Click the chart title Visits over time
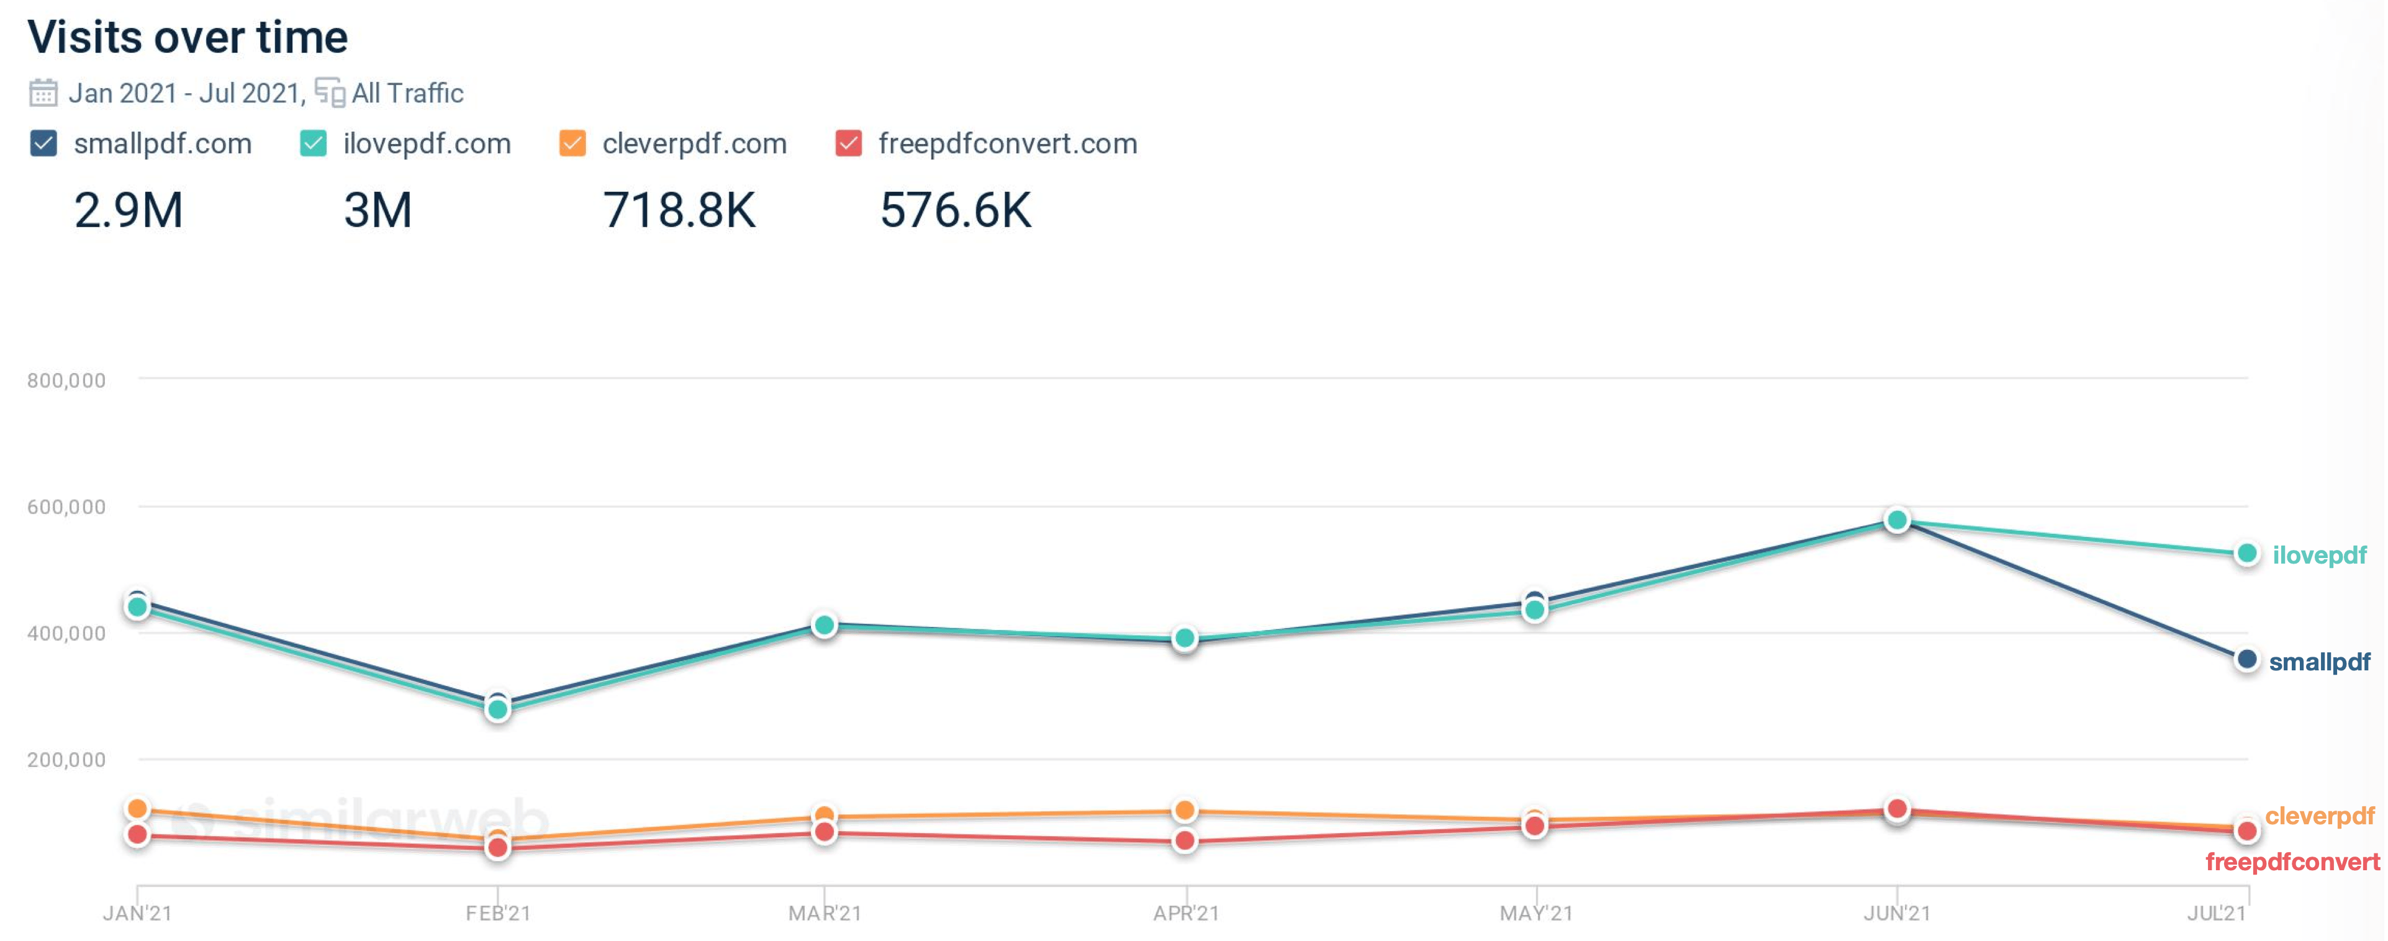(x=188, y=37)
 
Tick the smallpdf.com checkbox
(x=43, y=144)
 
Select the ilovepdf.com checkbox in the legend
(x=314, y=144)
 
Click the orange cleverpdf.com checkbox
(x=572, y=144)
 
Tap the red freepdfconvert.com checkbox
(x=848, y=144)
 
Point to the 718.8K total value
(x=679, y=210)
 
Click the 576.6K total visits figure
(x=955, y=210)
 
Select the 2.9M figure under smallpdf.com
(x=129, y=210)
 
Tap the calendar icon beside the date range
(x=43, y=92)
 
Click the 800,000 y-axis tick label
(x=66, y=380)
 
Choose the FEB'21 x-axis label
(x=498, y=913)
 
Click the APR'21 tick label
(x=1186, y=913)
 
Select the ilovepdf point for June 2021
(x=1897, y=520)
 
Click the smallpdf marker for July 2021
(x=2246, y=660)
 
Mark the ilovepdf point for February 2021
(x=498, y=710)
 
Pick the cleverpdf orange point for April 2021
(x=1184, y=810)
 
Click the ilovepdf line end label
(x=2320, y=556)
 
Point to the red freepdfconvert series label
(x=2292, y=862)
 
